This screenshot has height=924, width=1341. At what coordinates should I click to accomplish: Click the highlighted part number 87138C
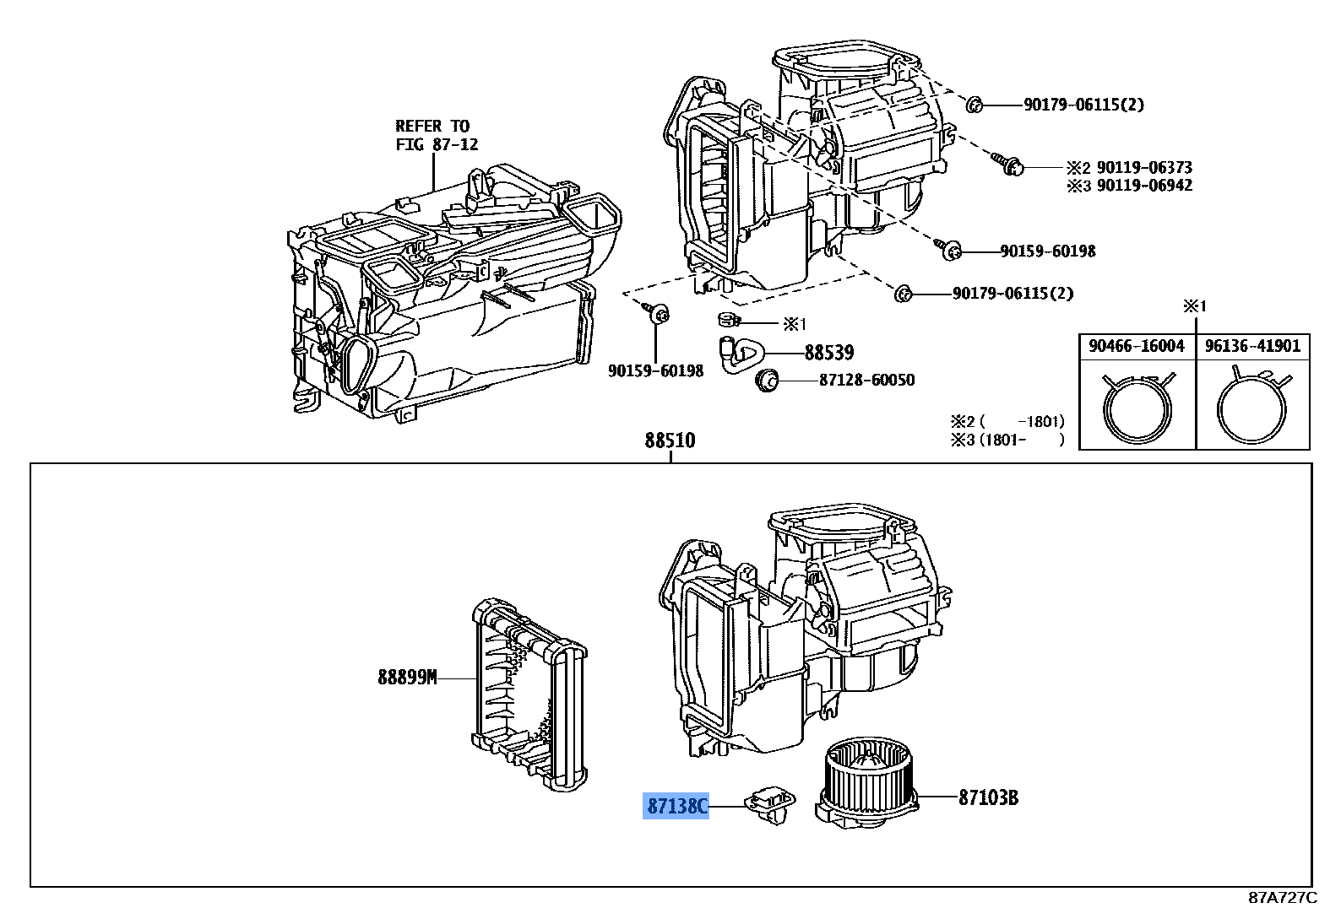[676, 807]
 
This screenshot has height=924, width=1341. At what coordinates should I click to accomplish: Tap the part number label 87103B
[987, 797]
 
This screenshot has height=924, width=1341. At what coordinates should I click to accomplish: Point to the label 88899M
[407, 677]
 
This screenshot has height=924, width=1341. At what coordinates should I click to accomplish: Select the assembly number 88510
[670, 440]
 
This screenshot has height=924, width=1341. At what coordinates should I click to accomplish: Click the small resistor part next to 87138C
[769, 803]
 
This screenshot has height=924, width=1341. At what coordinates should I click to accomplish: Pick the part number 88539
[828, 353]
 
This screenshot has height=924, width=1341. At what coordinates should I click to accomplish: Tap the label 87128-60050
[866, 380]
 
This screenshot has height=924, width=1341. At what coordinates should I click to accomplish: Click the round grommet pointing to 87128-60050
[767, 381]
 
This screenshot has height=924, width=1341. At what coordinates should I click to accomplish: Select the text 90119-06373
[1144, 167]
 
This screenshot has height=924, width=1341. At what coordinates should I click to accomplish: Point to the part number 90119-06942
[1144, 186]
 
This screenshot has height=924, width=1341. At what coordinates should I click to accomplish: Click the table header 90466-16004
[1137, 346]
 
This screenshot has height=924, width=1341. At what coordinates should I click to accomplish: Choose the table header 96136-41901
[1252, 346]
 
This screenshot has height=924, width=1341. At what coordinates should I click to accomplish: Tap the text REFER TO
[432, 126]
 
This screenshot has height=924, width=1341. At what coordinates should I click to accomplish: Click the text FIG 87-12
[437, 144]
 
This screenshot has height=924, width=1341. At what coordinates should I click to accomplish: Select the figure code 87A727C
[1282, 898]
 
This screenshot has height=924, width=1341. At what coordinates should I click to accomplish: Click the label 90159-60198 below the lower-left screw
[655, 371]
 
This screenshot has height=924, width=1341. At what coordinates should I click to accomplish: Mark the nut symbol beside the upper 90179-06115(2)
[973, 105]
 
